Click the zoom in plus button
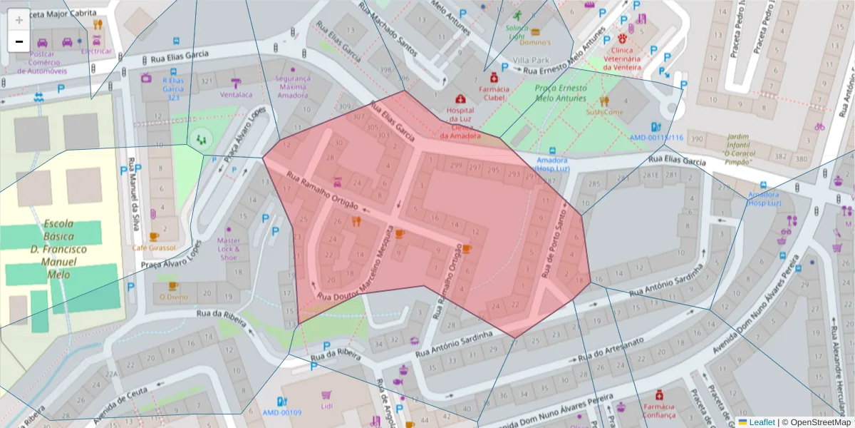point(19,20)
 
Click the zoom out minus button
point(19,41)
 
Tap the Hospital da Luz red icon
point(461,99)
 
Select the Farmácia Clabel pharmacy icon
point(493,77)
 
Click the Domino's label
point(534,42)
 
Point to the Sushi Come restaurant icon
point(604,101)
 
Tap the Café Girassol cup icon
point(153,236)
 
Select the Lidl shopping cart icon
point(327,394)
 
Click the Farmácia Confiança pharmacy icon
point(659,394)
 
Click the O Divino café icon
point(172,285)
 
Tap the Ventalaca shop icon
point(236,83)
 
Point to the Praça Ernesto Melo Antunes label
point(560,92)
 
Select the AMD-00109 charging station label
point(281,412)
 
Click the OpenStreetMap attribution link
point(816,422)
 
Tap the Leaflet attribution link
point(761,422)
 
